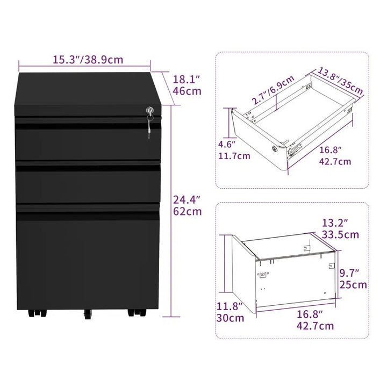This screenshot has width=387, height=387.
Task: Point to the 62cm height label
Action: tap(187, 211)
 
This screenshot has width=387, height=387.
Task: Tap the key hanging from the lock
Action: tap(149, 127)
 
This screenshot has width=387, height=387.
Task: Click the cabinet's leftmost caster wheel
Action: tap(28, 312)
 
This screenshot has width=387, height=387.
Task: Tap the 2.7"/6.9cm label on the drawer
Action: tap(273, 90)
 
